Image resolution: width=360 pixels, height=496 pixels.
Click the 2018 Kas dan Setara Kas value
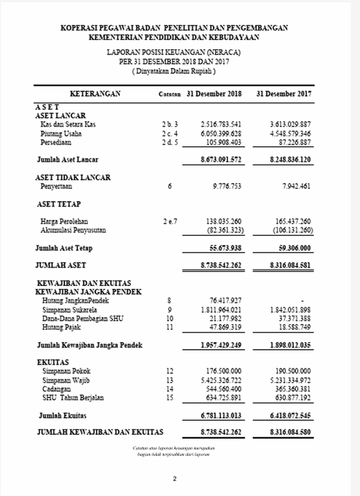tap(221, 124)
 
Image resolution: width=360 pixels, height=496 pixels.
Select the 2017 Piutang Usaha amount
tap(291, 134)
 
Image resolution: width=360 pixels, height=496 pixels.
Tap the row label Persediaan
tap(56, 143)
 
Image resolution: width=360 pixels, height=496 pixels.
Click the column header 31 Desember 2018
tap(214, 94)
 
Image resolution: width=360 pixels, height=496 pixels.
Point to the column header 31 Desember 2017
tap(284, 94)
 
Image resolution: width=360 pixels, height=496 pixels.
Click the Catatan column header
tap(170, 94)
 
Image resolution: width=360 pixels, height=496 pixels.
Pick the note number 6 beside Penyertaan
tap(170, 186)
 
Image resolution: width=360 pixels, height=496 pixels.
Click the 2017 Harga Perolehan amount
tap(293, 221)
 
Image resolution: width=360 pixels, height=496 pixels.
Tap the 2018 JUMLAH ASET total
tap(221, 265)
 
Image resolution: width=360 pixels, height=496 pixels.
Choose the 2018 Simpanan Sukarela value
tap(221, 310)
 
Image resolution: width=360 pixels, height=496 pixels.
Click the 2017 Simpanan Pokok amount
tap(293, 371)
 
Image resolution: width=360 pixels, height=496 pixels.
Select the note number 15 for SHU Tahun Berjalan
tap(170, 398)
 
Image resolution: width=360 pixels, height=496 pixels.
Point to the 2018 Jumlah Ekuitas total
tap(221, 415)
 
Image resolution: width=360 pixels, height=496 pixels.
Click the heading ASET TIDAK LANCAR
tap(73, 178)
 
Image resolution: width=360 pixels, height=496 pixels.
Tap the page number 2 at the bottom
tap(175, 479)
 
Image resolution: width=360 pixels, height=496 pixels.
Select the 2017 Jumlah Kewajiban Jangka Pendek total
tap(291, 345)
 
